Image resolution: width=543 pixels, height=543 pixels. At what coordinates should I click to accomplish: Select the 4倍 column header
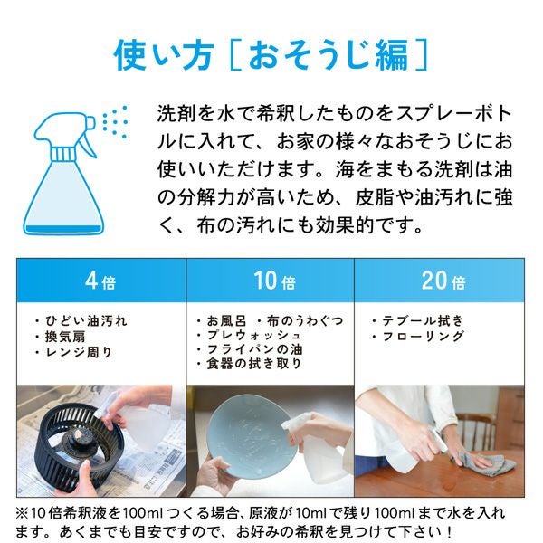point(100,281)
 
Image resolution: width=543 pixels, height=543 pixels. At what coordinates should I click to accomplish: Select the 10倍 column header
point(270,281)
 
